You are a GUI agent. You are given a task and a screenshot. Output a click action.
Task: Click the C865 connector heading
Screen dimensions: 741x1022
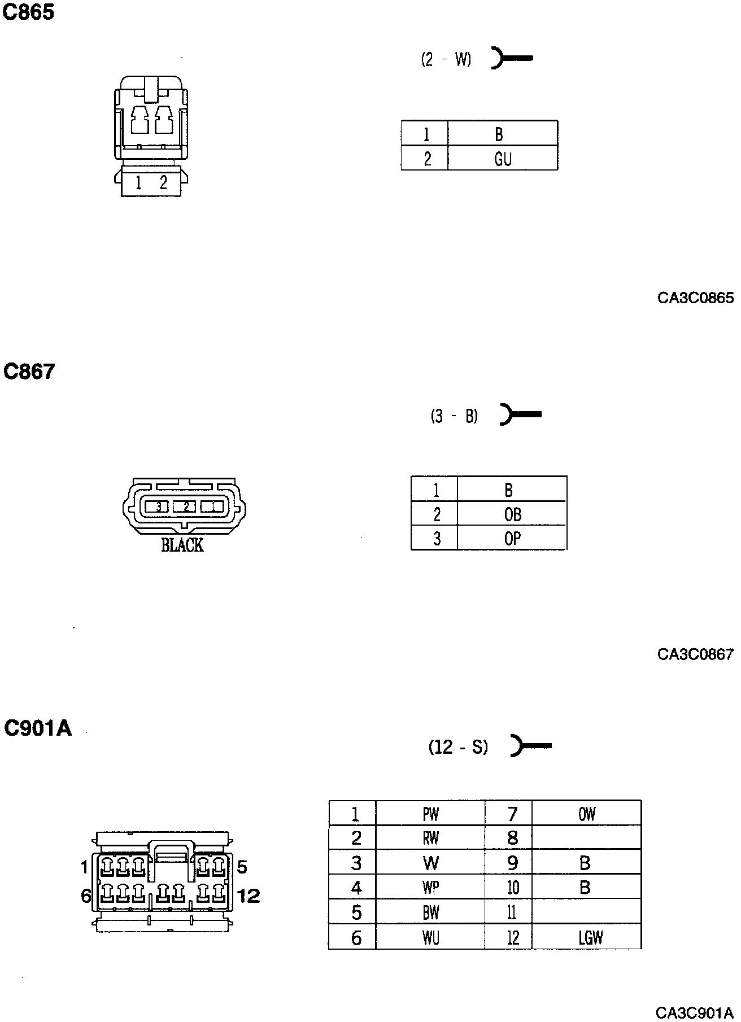[29, 12]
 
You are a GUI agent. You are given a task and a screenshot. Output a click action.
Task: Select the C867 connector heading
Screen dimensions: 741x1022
[29, 372]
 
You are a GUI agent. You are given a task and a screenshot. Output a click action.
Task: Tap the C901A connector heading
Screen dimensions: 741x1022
[38, 728]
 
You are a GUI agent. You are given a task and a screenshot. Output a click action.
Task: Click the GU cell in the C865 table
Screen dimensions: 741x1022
[503, 159]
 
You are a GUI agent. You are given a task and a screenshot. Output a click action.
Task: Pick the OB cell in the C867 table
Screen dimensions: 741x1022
[512, 514]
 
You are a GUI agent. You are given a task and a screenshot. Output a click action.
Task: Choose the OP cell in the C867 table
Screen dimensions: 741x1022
[512, 539]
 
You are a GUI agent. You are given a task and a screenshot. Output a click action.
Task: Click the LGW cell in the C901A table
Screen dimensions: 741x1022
[590, 938]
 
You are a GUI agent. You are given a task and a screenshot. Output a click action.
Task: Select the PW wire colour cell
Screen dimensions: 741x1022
[430, 814]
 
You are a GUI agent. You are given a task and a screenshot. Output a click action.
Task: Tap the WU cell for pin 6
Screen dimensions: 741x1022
[430, 938]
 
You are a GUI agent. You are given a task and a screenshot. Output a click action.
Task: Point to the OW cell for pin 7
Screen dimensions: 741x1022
[587, 814]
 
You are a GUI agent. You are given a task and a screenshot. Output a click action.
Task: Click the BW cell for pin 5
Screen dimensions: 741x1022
[430, 913]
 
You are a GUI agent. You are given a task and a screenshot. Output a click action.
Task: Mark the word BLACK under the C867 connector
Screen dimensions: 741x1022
[182, 545]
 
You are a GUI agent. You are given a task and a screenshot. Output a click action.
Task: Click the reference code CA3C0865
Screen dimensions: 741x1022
[695, 298]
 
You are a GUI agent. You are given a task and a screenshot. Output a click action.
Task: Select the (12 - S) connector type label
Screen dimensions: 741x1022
[458, 747]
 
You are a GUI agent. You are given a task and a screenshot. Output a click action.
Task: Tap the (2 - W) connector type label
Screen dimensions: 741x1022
[446, 59]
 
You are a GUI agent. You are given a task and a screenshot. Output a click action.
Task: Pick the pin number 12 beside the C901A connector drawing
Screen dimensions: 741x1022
[249, 896]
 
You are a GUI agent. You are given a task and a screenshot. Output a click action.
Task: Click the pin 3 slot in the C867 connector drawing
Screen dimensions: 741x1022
[159, 507]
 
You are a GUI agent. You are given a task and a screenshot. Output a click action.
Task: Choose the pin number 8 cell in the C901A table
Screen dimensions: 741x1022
[512, 838]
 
